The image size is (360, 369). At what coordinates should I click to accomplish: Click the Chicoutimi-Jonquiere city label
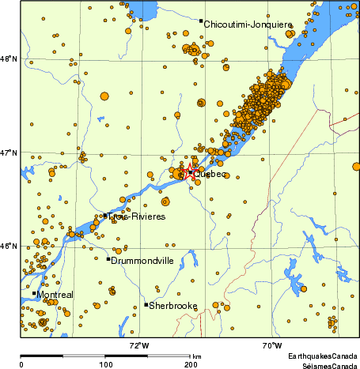click(248, 24)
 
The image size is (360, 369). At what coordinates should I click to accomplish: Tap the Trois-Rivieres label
click(137, 217)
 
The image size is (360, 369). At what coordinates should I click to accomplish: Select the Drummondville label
click(142, 260)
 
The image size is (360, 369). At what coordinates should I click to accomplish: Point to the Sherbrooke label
click(173, 305)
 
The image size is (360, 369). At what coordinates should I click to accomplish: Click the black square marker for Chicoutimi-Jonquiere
click(201, 21)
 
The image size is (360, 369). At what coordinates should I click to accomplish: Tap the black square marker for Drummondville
click(108, 258)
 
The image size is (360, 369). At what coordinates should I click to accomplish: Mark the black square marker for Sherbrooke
click(146, 304)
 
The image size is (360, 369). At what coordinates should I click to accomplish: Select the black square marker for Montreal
click(34, 293)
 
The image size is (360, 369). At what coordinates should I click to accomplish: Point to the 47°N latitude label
click(9, 152)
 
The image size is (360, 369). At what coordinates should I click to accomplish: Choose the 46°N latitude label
click(9, 246)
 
